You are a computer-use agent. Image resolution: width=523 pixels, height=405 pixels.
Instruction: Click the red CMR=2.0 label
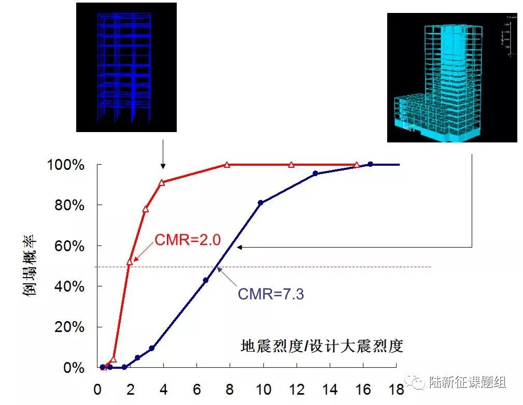tap(188, 240)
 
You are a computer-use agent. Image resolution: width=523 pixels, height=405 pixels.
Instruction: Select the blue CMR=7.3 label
tap(271, 294)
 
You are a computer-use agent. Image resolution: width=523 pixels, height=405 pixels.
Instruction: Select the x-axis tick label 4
tap(164, 389)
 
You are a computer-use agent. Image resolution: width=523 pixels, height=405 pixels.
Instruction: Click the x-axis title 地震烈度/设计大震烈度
tap(321, 345)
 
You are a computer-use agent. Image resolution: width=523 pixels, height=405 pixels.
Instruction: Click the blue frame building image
tap(126, 67)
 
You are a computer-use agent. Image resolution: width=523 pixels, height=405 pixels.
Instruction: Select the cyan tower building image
tap(451, 78)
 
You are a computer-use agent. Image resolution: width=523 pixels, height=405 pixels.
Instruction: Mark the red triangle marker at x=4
tap(162, 182)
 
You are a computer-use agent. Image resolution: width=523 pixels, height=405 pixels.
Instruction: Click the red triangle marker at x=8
tap(227, 165)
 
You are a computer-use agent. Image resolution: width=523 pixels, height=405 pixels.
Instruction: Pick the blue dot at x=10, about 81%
tap(260, 202)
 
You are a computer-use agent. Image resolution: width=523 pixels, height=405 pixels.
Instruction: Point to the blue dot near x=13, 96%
tap(315, 173)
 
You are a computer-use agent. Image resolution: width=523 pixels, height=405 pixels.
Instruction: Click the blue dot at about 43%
tap(205, 280)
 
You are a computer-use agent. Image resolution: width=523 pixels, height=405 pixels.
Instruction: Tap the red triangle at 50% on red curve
tap(130, 262)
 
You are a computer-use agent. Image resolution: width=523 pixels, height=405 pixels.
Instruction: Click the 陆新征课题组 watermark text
tap(468, 382)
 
